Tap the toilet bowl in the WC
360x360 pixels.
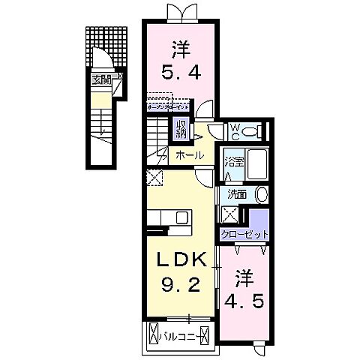coord(250,131)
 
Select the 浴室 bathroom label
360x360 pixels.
coord(232,162)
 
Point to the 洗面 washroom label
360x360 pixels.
coord(237,194)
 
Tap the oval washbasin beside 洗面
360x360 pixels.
coord(260,195)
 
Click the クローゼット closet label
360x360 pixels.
coord(244,235)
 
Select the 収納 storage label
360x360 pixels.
coord(181,130)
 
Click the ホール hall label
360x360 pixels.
coord(189,156)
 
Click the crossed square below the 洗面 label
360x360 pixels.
coord(229,214)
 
